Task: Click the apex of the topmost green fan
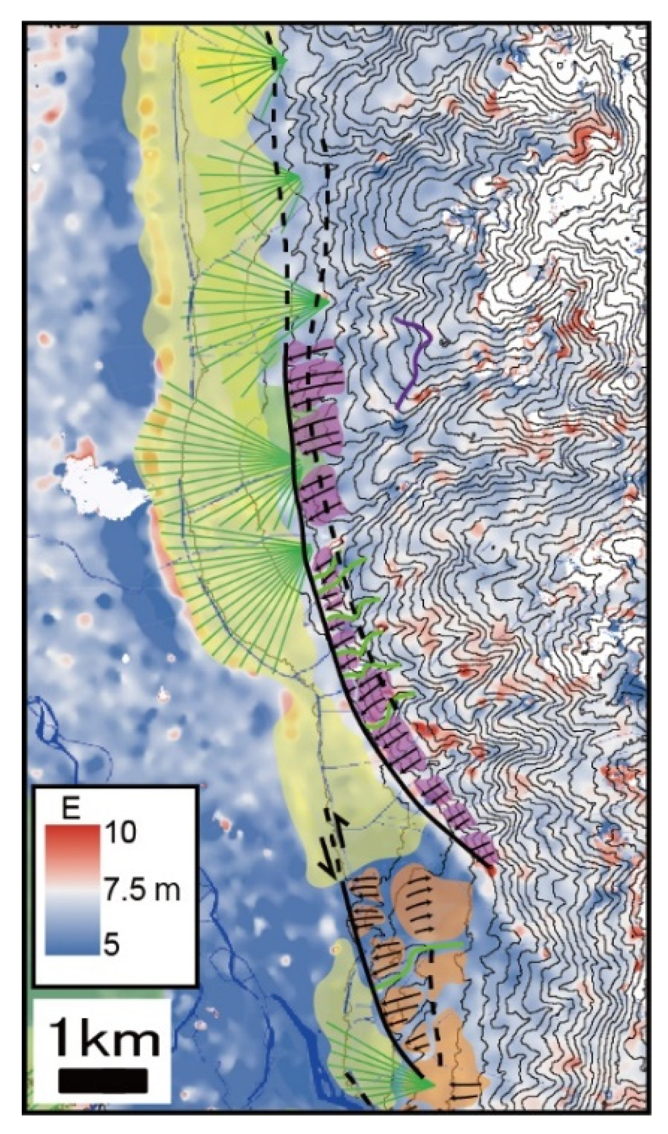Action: coord(284,61)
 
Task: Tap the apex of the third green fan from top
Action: coord(326,302)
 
